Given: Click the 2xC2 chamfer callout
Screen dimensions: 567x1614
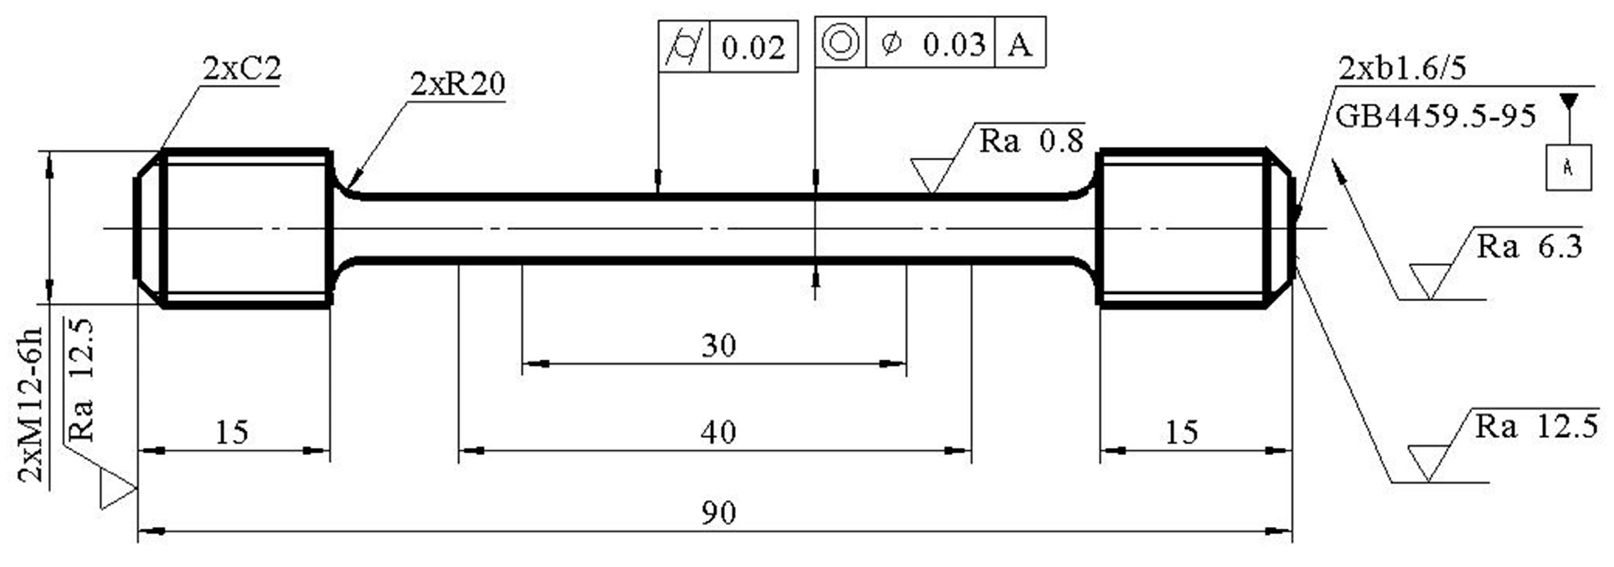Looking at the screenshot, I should pos(242,68).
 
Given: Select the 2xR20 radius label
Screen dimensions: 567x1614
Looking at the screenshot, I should pos(457,83).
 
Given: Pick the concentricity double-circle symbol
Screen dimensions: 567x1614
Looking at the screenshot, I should pos(841,43).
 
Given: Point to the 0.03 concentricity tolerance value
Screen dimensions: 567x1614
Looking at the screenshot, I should pos(953,45).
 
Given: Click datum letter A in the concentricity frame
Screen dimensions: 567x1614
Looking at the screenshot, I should pos(1020,45).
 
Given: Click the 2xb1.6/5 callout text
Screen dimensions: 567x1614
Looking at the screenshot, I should pos(1402,68).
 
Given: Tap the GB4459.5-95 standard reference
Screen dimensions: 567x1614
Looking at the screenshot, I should pos(1435,116).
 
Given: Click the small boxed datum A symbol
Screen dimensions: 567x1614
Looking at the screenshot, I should pos(1568,167).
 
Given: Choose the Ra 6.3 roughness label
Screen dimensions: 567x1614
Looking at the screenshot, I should pos(1529,246).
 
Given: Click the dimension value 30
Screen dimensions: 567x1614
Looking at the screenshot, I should pos(719,346).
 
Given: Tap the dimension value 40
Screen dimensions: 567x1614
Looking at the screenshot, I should pos(719,433).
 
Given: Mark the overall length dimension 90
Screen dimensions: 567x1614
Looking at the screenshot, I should pos(719,513).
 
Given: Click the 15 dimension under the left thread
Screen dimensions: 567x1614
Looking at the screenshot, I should pos(231,433).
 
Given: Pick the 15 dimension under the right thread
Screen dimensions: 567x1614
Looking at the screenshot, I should pos(1182,433).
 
